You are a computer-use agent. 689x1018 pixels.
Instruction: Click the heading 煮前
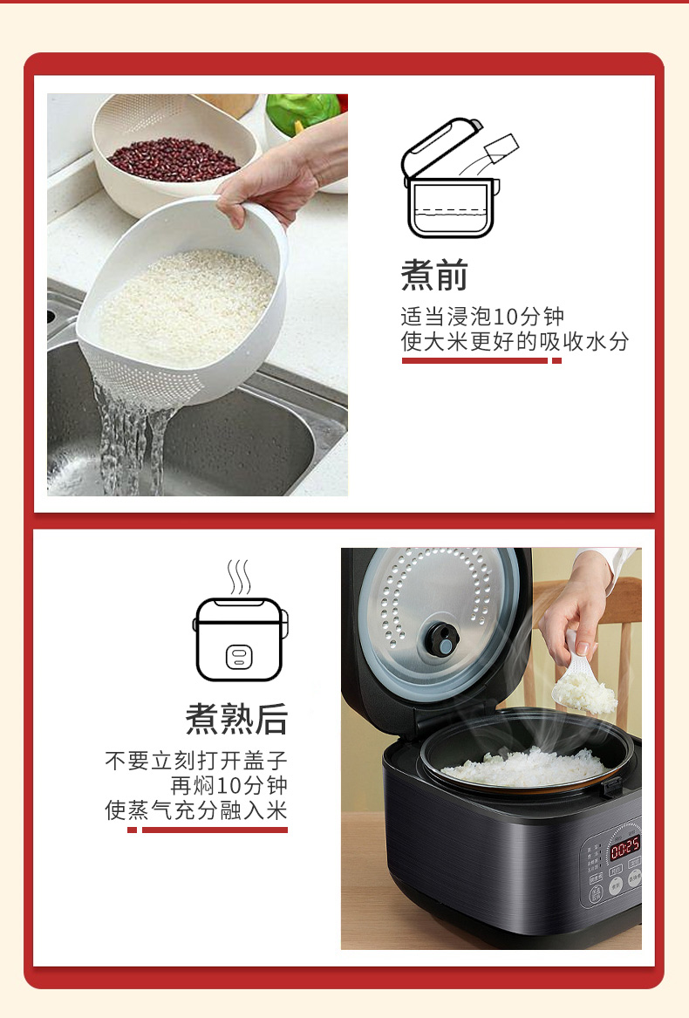[x=434, y=275]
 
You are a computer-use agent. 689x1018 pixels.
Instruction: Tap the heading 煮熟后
[x=236, y=719]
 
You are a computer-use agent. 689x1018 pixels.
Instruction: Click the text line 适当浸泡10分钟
[x=482, y=317]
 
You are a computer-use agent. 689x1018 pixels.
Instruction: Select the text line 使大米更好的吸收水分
[x=515, y=341]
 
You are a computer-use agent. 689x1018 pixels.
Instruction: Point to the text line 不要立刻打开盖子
[x=196, y=761]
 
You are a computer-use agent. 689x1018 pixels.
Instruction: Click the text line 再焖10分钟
[x=229, y=786]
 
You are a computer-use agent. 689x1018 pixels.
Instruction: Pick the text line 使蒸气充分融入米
[x=196, y=810]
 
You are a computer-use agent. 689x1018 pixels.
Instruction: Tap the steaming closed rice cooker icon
[x=240, y=620]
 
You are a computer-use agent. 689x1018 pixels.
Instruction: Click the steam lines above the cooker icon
[x=239, y=577]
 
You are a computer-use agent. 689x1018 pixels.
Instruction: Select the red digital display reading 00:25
[x=624, y=847]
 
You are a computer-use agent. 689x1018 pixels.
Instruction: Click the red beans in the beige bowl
[x=174, y=160]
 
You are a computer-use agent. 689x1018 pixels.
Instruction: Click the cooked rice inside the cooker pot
[x=525, y=767]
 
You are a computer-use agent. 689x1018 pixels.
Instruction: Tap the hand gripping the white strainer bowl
[x=273, y=181]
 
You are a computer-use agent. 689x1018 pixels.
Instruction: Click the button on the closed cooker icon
[x=239, y=658]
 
